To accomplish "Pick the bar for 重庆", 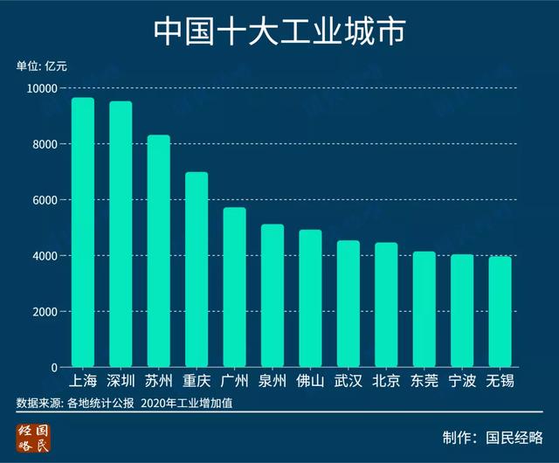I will tap(197, 270).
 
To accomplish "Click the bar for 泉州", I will tap(273, 296).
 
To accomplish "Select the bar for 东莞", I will tap(424, 309).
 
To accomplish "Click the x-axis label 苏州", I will tap(158, 381).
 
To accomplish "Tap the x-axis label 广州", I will tap(234, 381).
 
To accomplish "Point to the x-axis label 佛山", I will tap(310, 381).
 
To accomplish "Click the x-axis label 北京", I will tap(385, 381).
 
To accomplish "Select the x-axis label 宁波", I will tap(461, 381).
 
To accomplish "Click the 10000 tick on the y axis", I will tap(41, 88).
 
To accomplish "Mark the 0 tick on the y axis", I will tap(54, 368).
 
